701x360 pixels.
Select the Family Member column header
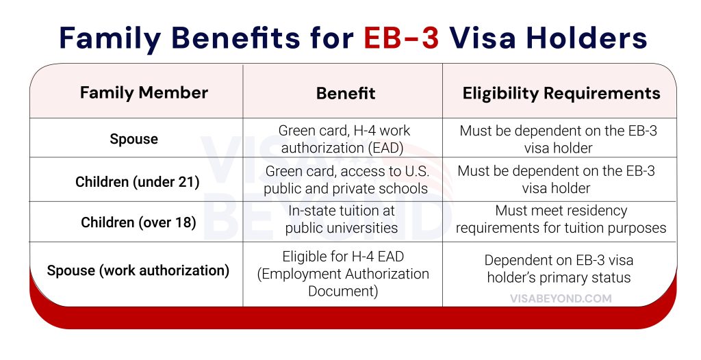(x=144, y=93)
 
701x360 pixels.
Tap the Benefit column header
(x=346, y=94)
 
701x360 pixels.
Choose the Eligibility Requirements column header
(x=561, y=94)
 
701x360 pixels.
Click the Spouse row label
(x=134, y=139)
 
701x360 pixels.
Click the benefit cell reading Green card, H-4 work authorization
(x=344, y=139)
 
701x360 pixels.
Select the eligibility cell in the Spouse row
(x=558, y=139)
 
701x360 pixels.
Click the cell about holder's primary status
(x=559, y=269)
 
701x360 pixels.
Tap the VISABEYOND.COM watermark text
(x=561, y=298)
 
